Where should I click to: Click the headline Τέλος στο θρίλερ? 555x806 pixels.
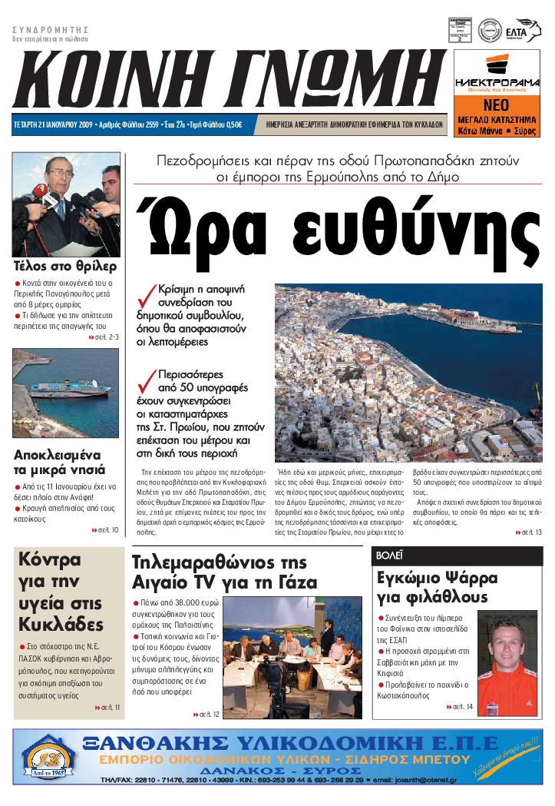click(x=64, y=267)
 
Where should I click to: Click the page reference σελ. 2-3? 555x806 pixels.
click(x=104, y=337)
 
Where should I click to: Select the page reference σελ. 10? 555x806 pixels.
click(x=108, y=530)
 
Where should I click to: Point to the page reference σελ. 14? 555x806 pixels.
click(x=459, y=706)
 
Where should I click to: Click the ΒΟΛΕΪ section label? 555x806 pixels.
click(x=390, y=555)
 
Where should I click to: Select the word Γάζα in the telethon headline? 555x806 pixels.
click(x=292, y=582)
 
